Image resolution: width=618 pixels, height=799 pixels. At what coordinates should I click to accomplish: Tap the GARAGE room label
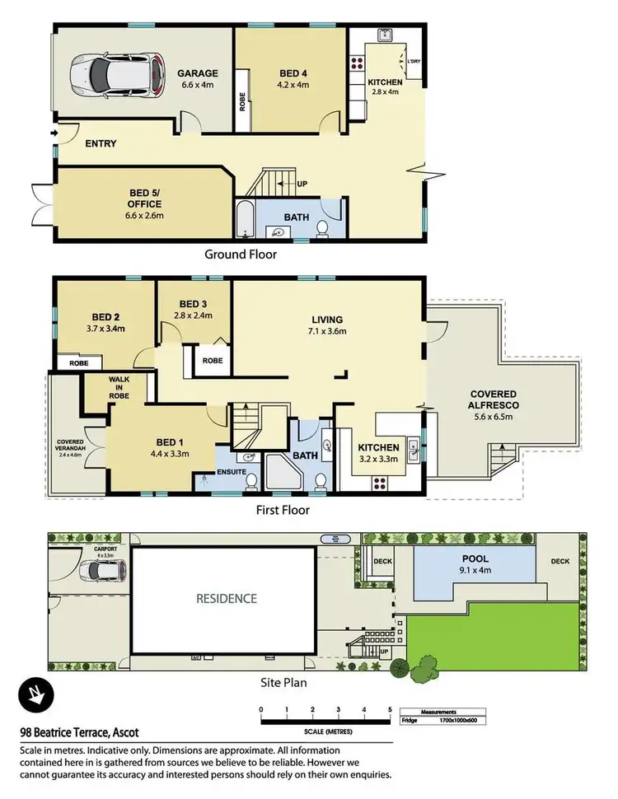(x=198, y=73)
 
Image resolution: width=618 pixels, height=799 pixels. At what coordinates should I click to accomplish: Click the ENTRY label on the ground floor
(x=100, y=144)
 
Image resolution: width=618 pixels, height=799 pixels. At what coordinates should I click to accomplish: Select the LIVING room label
(x=327, y=320)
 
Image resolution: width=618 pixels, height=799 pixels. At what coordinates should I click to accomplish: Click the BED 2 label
(x=106, y=315)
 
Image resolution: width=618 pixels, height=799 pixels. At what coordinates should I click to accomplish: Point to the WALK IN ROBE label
(x=119, y=388)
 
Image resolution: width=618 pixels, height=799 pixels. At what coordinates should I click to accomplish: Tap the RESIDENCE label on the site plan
(x=227, y=599)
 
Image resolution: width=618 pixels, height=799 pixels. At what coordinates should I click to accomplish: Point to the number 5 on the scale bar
(x=389, y=709)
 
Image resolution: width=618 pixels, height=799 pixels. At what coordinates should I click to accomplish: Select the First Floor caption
(x=282, y=511)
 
